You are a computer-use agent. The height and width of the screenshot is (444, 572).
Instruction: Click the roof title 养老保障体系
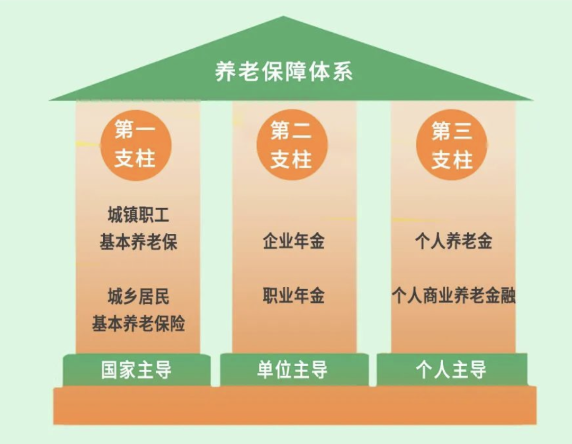tap(284, 72)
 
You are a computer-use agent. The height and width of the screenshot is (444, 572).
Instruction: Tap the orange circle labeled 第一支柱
tap(136, 144)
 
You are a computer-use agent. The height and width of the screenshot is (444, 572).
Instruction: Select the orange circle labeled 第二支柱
tap(292, 144)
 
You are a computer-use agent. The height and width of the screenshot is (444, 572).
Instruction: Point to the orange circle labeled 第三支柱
tap(452, 144)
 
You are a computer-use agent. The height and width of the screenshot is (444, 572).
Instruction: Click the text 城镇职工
tap(138, 216)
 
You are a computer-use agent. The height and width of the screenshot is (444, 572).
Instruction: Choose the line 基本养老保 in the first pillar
tap(138, 242)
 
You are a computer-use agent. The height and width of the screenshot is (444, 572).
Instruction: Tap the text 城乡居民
tap(138, 297)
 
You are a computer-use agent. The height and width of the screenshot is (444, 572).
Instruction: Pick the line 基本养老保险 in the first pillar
tap(138, 323)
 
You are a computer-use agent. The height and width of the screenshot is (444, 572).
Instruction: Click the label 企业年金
tap(293, 241)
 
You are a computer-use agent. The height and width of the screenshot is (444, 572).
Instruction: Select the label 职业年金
tap(293, 296)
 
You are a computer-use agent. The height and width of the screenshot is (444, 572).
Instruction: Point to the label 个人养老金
tap(453, 241)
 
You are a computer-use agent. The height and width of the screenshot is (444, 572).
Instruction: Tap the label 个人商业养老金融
tap(453, 296)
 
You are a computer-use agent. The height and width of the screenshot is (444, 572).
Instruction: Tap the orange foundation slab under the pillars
tap(294, 406)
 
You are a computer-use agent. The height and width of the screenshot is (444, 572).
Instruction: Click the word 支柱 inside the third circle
tap(452, 159)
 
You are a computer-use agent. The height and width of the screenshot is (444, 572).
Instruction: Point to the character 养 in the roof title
tap(226, 72)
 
